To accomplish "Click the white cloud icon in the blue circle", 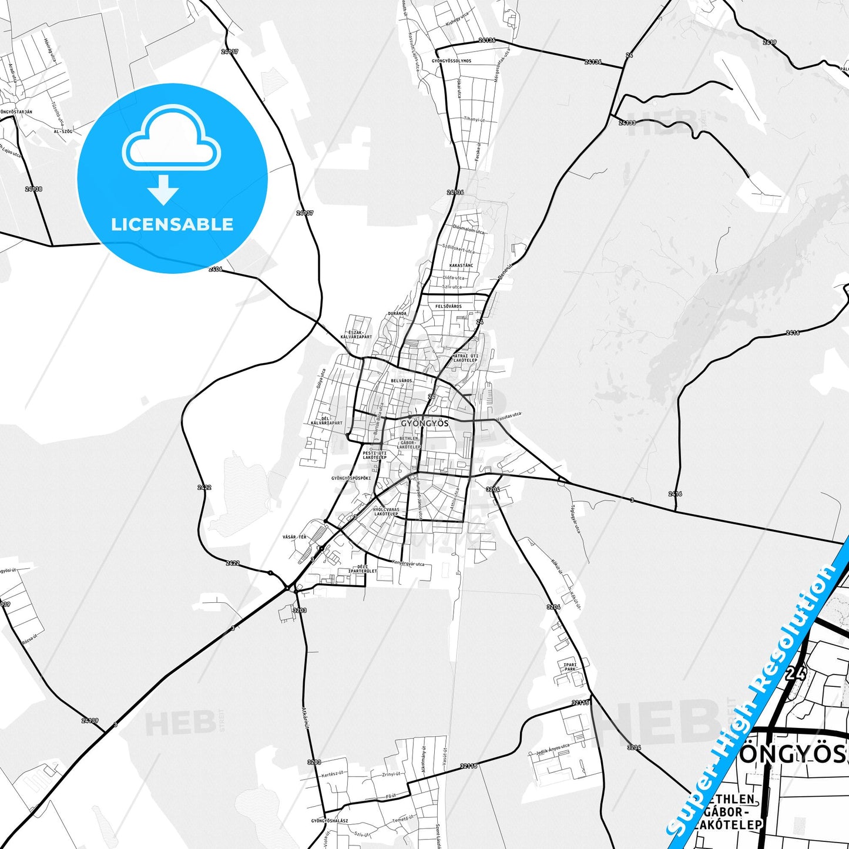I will pyautogui.click(x=171, y=140).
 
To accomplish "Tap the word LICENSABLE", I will pyautogui.click(x=172, y=224).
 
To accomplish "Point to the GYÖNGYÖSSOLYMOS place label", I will pyautogui.click(x=451, y=61).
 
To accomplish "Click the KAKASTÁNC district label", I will pyautogui.click(x=461, y=266).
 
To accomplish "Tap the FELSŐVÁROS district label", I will pyautogui.click(x=448, y=307).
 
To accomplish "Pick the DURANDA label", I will pyautogui.click(x=397, y=314).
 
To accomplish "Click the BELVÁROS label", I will pyautogui.click(x=401, y=381).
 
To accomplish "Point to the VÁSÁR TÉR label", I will pyautogui.click(x=294, y=537).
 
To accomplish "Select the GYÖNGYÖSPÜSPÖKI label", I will pyautogui.click(x=351, y=478).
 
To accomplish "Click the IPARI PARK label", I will pyautogui.click(x=570, y=667).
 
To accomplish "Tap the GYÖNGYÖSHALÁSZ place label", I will pyautogui.click(x=330, y=821).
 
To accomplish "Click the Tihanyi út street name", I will pyautogui.click(x=474, y=120).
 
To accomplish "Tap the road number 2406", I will pyautogui.click(x=216, y=269).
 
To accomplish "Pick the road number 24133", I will pyautogui.click(x=627, y=123).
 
